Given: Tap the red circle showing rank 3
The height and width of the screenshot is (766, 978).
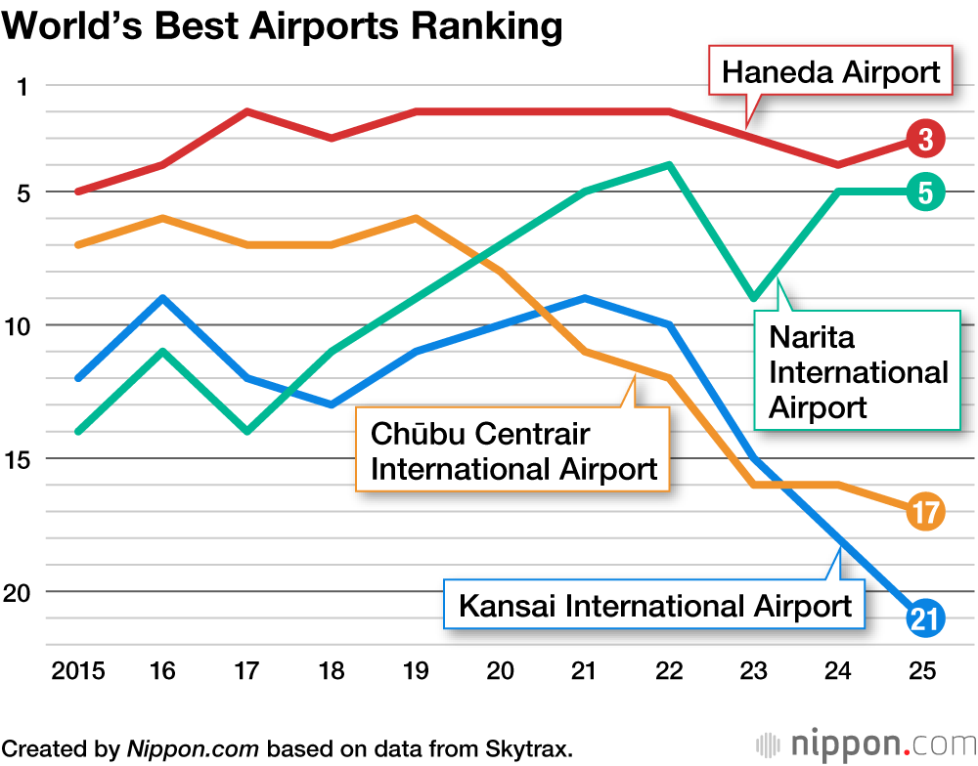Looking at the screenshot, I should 924,140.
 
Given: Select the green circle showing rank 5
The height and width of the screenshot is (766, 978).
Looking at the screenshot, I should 924,192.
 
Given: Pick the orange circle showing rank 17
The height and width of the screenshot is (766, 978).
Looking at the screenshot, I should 924,511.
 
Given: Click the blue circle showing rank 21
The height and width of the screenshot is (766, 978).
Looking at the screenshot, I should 924,617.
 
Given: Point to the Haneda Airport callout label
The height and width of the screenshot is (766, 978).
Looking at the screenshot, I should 830,71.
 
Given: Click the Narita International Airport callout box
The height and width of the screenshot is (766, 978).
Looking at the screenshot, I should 858,372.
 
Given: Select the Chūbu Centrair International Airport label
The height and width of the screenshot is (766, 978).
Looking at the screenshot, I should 513,450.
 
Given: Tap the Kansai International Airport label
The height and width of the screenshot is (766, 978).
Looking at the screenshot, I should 655,606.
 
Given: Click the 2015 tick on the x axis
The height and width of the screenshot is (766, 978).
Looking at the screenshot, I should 77,671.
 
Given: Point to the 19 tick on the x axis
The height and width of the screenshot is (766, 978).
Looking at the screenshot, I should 417,671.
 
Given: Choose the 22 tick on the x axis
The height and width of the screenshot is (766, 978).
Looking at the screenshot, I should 669,671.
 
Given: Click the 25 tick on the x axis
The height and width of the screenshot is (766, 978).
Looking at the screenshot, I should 922,671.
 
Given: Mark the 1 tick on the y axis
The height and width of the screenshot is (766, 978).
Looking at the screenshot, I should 23,86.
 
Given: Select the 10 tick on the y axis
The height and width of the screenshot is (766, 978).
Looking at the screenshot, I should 20,325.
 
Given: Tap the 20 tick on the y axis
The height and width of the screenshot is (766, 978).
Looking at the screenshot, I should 20,591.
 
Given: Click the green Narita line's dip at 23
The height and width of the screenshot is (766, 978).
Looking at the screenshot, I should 753,298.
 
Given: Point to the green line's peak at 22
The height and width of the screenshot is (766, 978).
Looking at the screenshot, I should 669,164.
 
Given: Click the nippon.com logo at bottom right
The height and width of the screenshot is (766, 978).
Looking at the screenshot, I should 861,744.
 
